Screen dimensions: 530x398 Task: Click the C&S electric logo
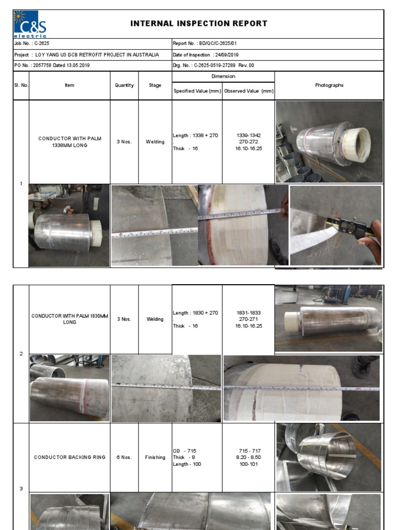(30, 24)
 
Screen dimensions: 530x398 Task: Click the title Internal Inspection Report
(199, 23)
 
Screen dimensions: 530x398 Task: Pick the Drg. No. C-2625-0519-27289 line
(214, 66)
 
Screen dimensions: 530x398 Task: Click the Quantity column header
(124, 85)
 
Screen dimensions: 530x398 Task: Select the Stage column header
(155, 85)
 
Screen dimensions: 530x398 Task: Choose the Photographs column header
(329, 85)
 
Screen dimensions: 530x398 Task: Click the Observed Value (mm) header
(249, 91)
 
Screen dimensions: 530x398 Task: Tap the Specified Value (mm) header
(197, 91)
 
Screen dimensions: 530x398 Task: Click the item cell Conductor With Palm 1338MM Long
(69, 142)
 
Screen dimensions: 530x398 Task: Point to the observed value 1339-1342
(249, 135)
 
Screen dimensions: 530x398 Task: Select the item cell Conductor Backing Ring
(69, 458)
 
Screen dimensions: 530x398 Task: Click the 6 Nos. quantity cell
(124, 458)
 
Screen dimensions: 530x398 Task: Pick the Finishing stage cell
(155, 458)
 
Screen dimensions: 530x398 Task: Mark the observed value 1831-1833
(249, 313)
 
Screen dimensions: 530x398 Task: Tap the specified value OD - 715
(184, 451)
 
